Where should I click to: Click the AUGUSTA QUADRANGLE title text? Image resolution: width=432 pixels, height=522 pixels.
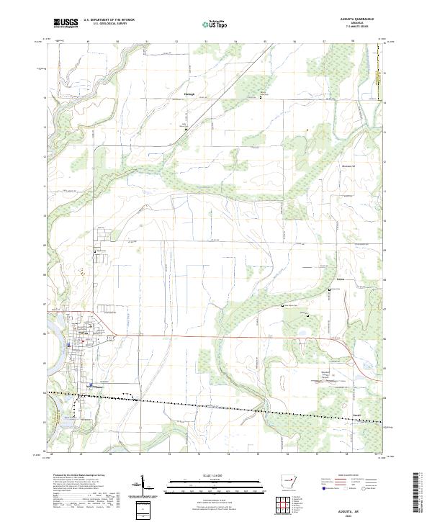tap(351, 19)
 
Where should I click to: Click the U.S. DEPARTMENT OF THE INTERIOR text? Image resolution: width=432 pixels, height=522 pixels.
tap(109, 21)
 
